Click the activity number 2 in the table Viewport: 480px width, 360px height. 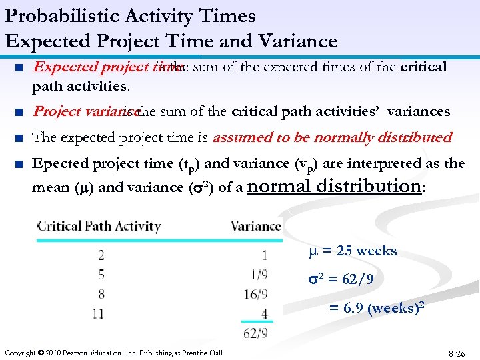pyautogui.click(x=101, y=255)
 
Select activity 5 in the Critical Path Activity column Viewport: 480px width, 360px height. pyautogui.click(x=101, y=274)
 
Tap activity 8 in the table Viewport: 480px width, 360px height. pyautogui.click(x=101, y=293)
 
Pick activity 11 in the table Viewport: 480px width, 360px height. pyautogui.click(x=98, y=313)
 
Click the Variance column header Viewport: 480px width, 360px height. pyautogui.click(x=255, y=226)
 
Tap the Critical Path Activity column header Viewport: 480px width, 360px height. pyautogui.click(x=99, y=226)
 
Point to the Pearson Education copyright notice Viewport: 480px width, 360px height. pyautogui.click(x=113, y=352)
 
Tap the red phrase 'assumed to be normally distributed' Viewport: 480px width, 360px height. pyautogui.click(x=331, y=137)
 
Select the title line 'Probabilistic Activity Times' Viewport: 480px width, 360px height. pyautogui.click(x=131, y=16)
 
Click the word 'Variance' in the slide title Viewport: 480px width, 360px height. pyautogui.click(x=298, y=41)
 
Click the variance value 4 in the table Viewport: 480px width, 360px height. pyautogui.click(x=265, y=313)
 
